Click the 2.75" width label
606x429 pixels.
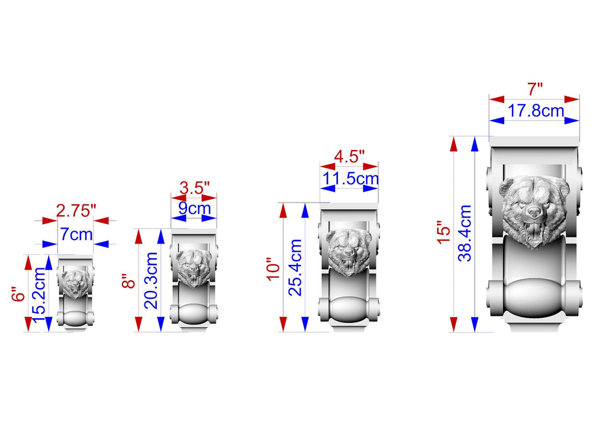[76, 211]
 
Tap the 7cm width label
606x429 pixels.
[76, 235]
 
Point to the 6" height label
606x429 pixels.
[18, 294]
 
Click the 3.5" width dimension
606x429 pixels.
[194, 188]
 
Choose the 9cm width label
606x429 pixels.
[194, 209]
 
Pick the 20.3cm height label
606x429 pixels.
[151, 280]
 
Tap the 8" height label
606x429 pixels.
[128, 281]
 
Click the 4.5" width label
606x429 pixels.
[349, 156]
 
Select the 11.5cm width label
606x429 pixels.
[350, 179]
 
